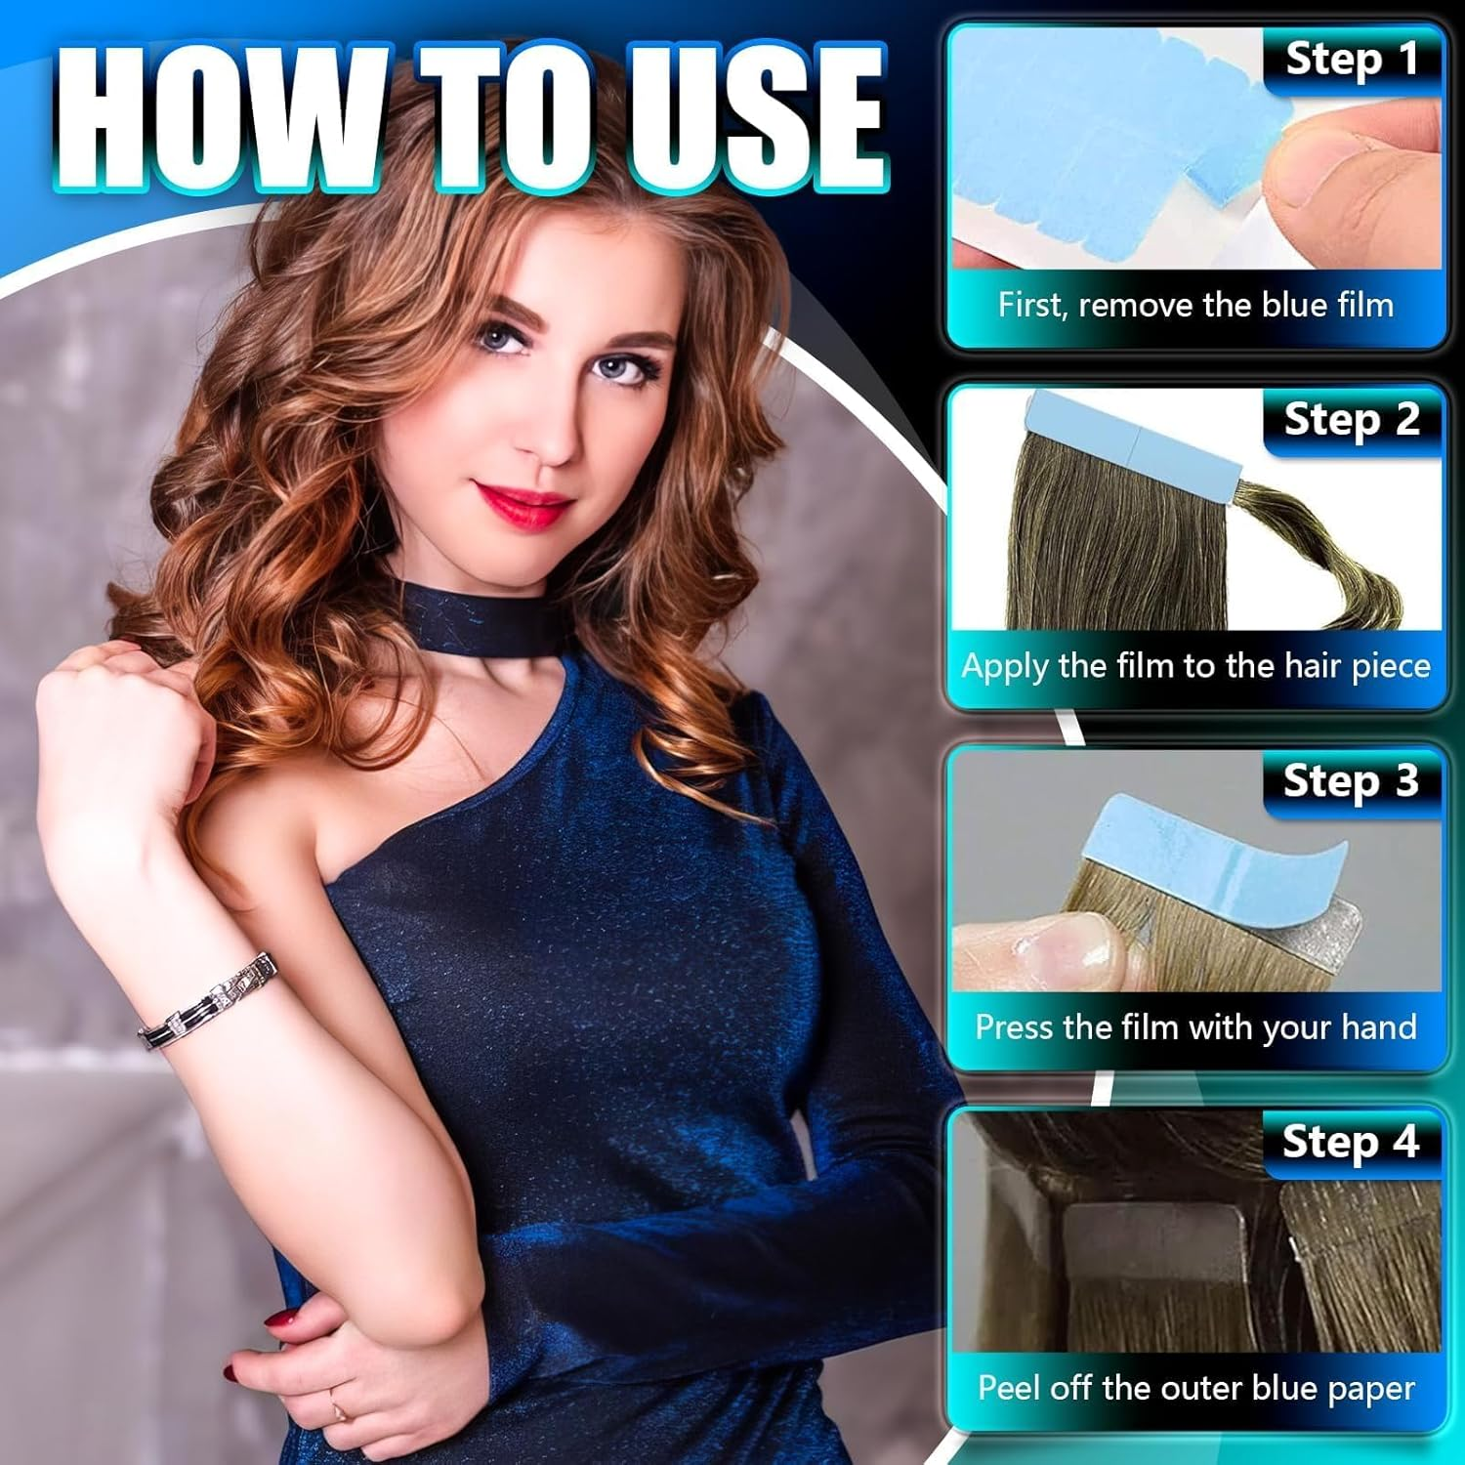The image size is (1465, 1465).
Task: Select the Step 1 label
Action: click(x=1352, y=60)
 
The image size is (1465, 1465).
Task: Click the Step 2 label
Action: click(x=1352, y=420)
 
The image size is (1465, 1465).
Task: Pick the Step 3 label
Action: click(x=1352, y=781)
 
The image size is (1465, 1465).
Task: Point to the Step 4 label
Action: click(x=1352, y=1142)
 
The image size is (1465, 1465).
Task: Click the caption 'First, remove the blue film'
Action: click(x=1195, y=306)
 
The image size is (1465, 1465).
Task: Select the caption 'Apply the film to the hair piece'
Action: click(x=1195, y=667)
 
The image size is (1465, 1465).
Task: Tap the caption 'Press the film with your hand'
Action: click(x=1195, y=1027)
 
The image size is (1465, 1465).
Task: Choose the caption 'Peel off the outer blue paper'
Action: click(x=1195, y=1389)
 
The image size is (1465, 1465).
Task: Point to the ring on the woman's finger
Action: click(x=339, y=1409)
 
